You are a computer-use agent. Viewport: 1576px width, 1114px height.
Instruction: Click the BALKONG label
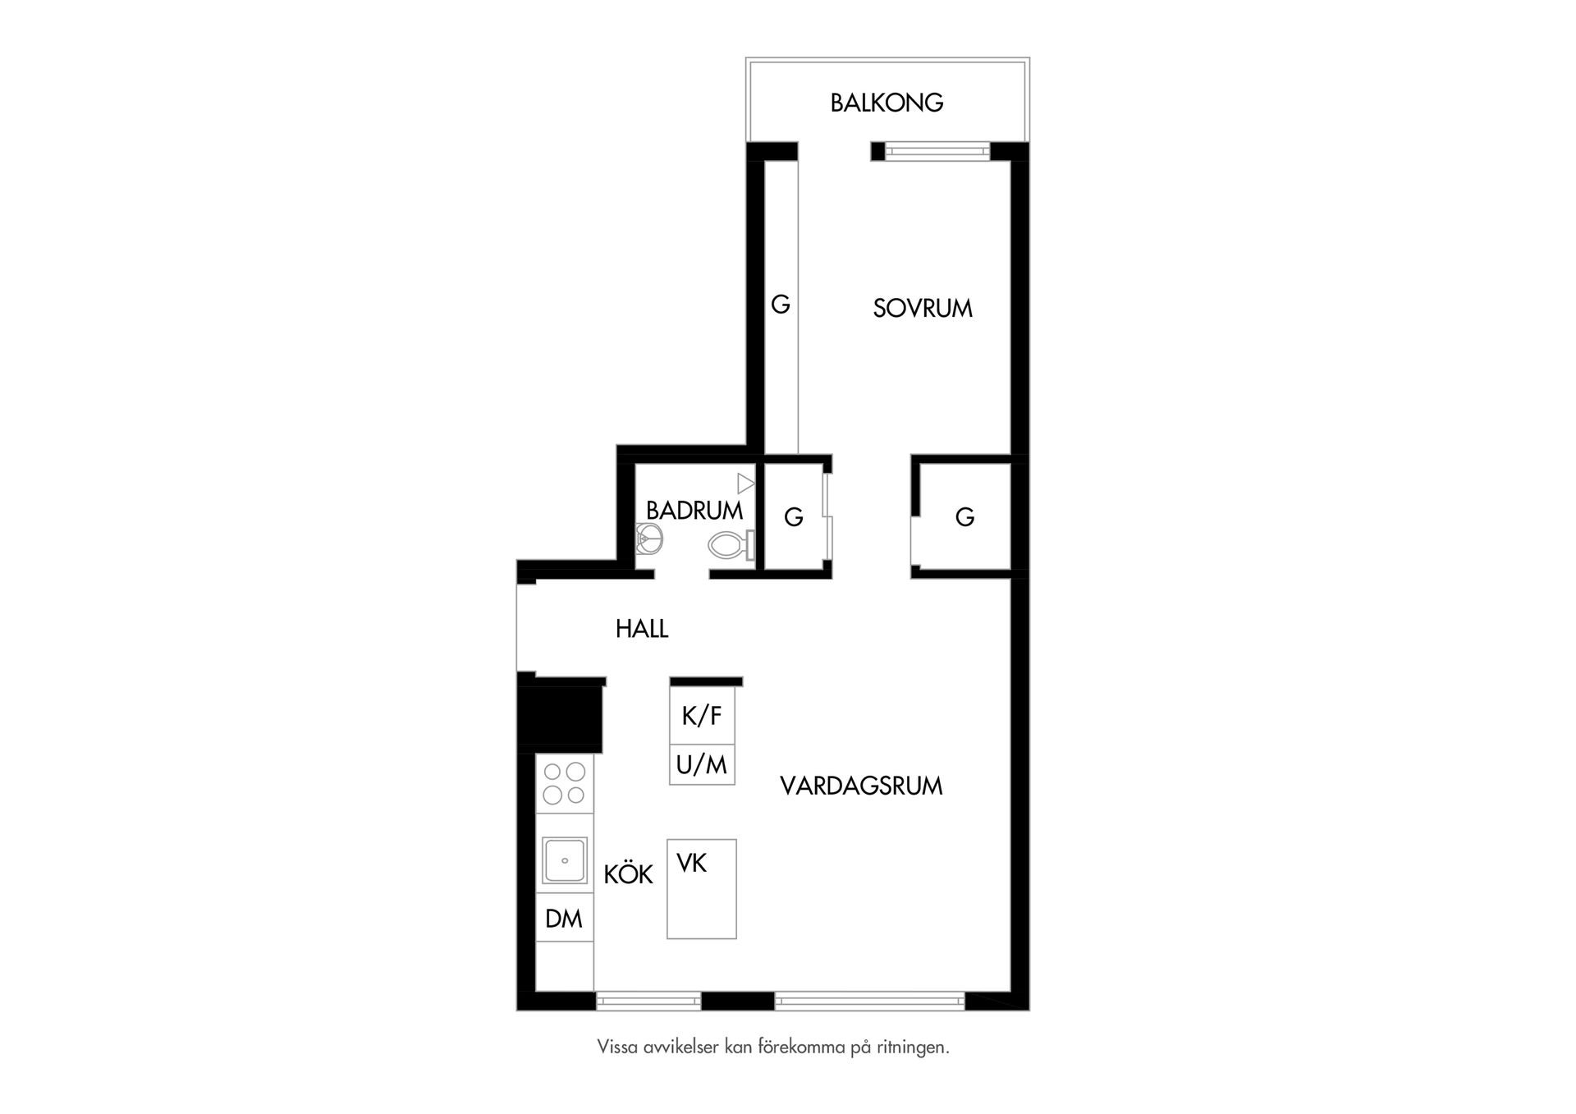point(886,103)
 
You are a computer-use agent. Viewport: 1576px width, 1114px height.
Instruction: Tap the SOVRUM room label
point(923,309)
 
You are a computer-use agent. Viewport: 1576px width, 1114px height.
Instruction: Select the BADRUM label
point(694,511)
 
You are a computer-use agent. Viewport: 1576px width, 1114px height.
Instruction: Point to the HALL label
point(642,629)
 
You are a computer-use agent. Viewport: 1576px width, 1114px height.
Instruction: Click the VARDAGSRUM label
point(861,786)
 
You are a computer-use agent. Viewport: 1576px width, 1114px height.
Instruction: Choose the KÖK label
point(629,873)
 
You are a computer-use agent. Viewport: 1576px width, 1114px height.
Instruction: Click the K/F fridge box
point(702,716)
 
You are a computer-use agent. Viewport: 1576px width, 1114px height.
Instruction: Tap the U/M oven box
point(702,765)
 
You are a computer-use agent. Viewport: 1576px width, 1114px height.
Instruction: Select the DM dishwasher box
point(565,918)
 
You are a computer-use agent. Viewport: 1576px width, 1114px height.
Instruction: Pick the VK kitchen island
point(702,889)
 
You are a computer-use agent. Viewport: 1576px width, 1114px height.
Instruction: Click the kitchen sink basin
point(565,860)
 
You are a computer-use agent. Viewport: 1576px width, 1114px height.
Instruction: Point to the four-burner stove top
point(565,784)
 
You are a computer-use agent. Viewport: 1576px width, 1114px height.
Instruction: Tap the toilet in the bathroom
point(731,544)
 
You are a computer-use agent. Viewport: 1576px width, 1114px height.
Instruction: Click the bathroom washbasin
point(648,539)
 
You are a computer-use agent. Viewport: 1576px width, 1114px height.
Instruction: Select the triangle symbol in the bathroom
point(745,484)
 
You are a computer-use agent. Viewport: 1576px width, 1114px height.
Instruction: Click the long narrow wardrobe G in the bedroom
point(781,307)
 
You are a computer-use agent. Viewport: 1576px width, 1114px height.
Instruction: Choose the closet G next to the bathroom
point(794,517)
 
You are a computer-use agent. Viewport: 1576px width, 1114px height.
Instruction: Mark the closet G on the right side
point(965,517)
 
